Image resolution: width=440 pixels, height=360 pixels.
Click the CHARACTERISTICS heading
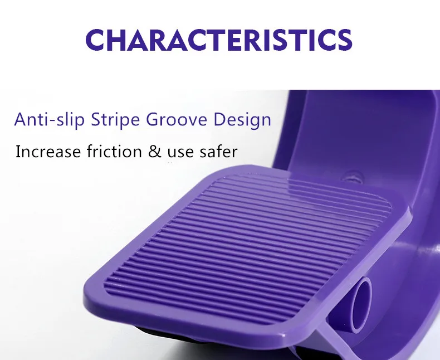coord(219,40)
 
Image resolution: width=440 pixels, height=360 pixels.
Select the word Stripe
coord(115,120)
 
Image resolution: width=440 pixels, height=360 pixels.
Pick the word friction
coord(114,151)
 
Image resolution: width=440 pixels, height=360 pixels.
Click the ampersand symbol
coord(155,152)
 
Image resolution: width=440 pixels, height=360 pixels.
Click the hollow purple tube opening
coord(361,305)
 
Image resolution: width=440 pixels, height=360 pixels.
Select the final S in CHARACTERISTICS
coord(345,40)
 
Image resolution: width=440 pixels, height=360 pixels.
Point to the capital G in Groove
coord(153,119)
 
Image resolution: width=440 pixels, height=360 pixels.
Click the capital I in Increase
coord(18,152)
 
